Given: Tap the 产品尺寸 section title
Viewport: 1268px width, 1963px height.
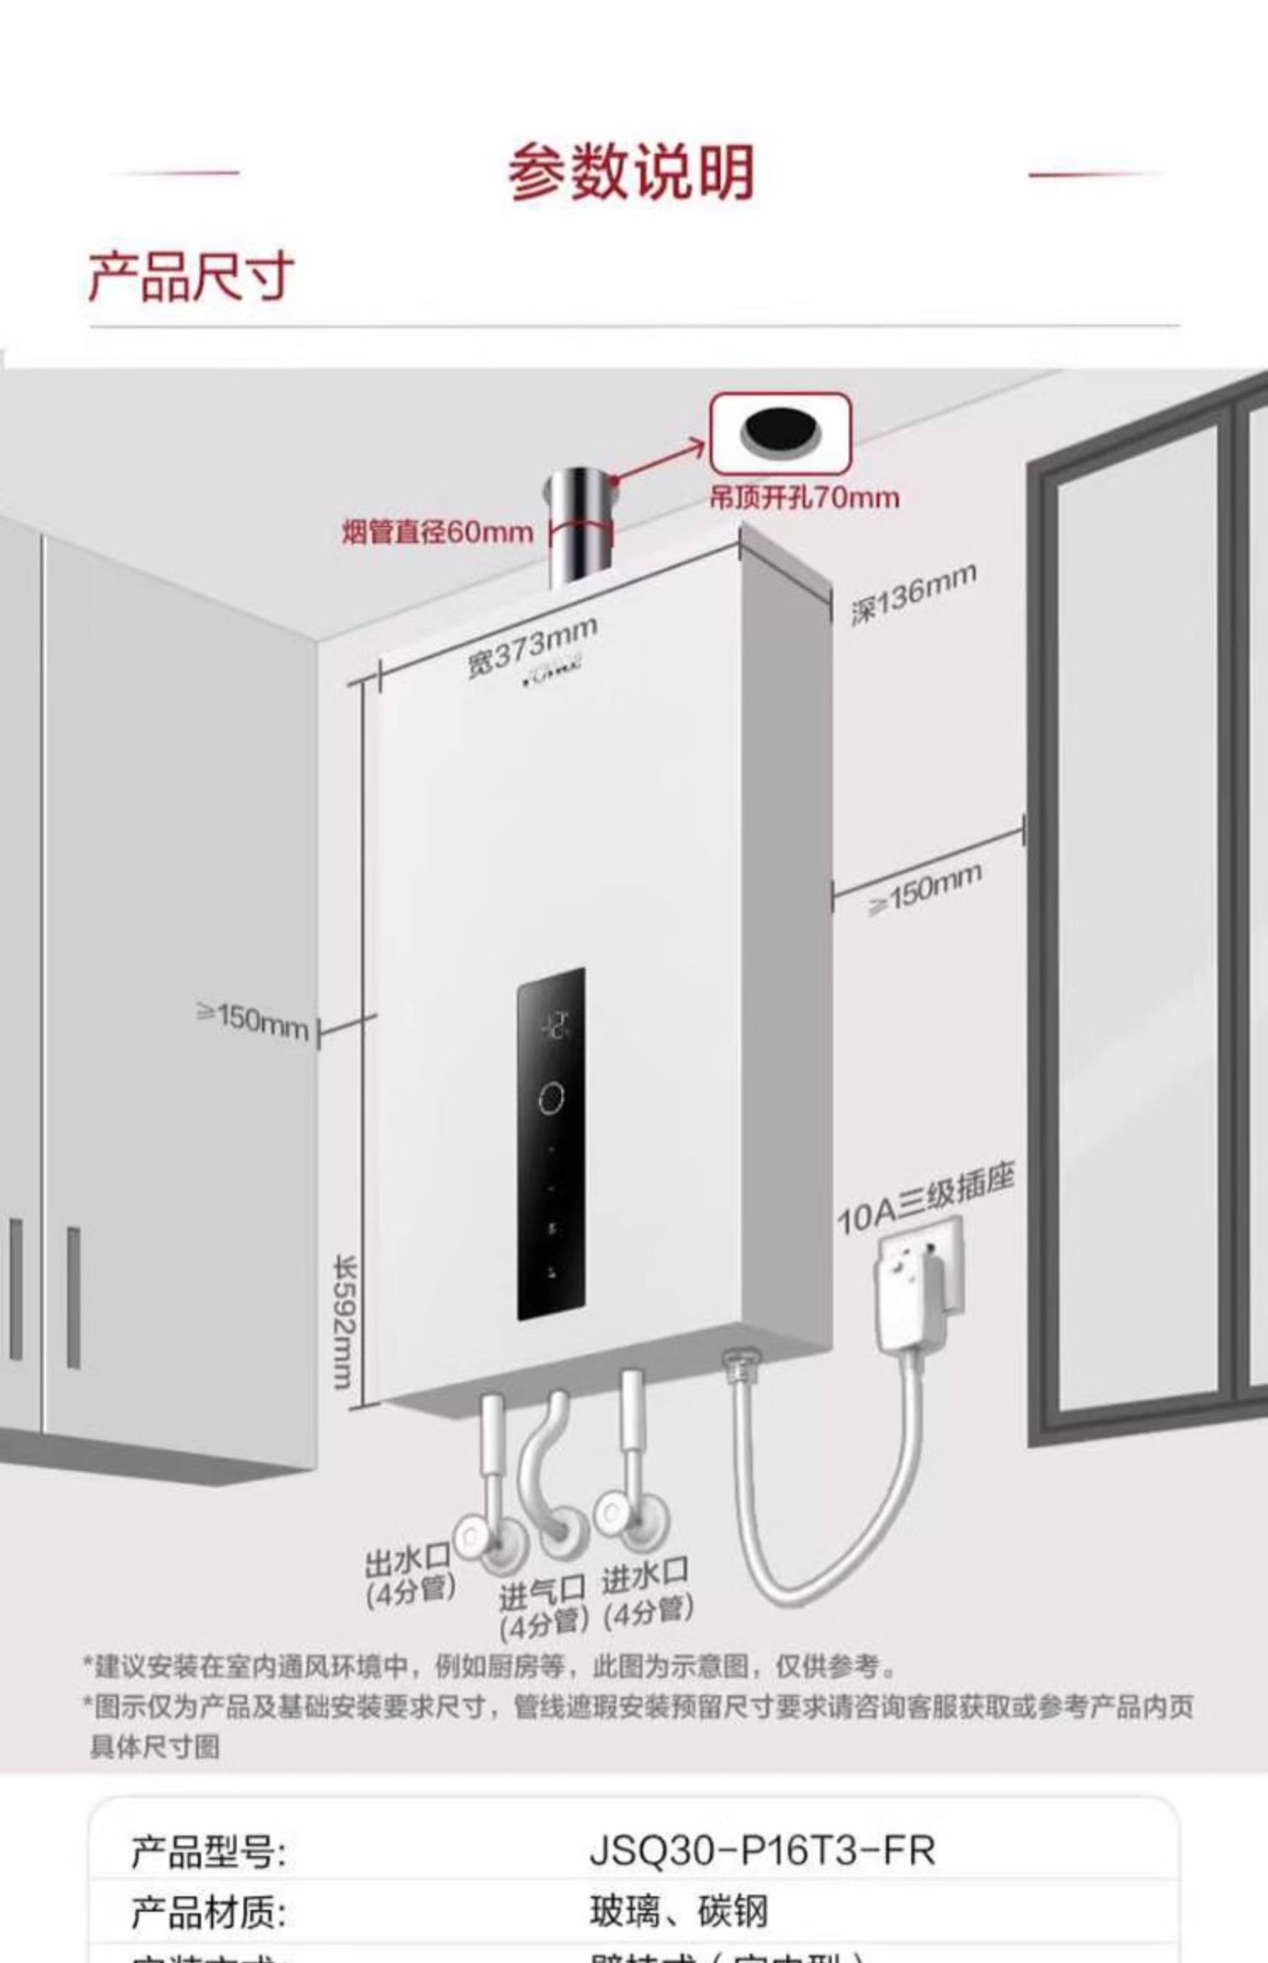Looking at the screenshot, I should [x=192, y=277].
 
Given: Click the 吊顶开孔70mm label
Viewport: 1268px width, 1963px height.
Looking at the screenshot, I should [x=804, y=498].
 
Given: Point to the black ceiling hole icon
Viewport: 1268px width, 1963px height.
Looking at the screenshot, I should [x=780, y=432].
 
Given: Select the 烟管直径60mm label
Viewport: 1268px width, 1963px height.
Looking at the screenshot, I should [x=437, y=533].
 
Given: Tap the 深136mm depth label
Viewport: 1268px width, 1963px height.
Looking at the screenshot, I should [x=913, y=593].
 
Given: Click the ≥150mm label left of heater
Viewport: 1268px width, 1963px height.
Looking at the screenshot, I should [x=253, y=1020].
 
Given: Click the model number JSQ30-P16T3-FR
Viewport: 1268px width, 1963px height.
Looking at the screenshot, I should [x=762, y=1851].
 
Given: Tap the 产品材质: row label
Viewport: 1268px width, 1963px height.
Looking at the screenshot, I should [x=208, y=1912].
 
